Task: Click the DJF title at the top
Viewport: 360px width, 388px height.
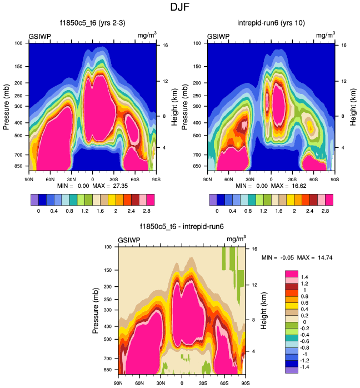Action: click(x=179, y=8)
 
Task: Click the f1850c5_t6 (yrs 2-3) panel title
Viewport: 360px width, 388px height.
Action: click(x=92, y=23)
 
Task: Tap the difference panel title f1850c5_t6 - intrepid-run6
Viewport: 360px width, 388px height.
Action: click(x=181, y=227)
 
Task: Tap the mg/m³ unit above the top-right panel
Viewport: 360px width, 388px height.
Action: click(x=325, y=36)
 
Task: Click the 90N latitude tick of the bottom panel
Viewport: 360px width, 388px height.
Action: click(x=118, y=383)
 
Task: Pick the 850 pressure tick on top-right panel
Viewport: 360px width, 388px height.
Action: click(x=197, y=166)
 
